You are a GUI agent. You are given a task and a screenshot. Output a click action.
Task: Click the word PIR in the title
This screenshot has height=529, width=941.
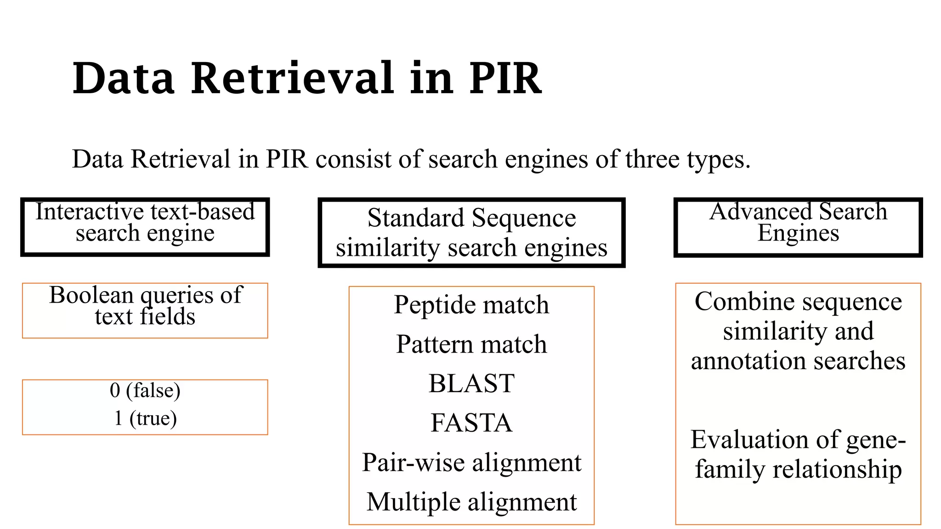coord(505,79)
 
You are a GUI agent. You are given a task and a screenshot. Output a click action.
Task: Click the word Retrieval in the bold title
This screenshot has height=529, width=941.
coord(292,79)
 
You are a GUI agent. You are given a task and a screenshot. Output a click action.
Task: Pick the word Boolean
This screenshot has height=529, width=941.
coord(91,295)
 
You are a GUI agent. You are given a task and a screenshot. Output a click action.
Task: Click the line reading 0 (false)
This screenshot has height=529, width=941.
coord(145,390)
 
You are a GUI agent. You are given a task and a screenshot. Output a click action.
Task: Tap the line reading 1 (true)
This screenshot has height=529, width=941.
coord(145,418)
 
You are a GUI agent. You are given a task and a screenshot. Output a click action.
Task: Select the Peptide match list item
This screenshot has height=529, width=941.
coord(471,305)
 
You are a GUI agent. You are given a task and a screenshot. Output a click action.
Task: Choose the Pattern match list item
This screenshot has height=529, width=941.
coord(471,344)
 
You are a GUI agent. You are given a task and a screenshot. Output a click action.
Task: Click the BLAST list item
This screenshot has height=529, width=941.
coord(471,383)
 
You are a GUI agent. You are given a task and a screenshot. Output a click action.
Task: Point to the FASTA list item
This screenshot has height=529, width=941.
coord(471,423)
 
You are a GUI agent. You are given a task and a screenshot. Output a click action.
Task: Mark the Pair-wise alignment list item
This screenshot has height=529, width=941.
coord(471,462)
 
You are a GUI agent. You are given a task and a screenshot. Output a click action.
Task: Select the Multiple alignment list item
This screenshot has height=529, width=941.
coord(471,502)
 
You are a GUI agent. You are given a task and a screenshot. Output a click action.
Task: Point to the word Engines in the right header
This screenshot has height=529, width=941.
coord(798,233)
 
